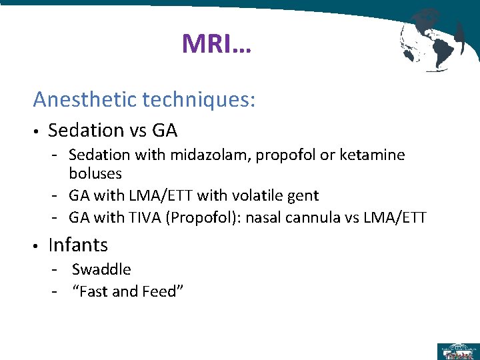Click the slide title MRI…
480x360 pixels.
(217, 45)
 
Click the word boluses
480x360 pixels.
(95, 173)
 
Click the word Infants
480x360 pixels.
(78, 245)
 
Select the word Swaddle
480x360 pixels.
(101, 269)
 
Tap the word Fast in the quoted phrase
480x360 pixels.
(95, 291)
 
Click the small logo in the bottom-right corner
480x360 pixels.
(457, 351)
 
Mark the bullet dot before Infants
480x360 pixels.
(37, 246)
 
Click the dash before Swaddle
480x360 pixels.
(57, 269)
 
